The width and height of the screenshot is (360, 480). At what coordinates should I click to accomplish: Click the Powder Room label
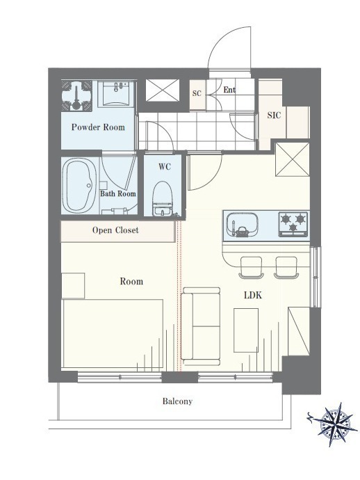[x=98, y=127]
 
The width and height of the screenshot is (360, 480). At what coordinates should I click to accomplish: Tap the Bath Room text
[x=118, y=193]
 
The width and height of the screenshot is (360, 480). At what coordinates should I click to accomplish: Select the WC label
[x=165, y=167]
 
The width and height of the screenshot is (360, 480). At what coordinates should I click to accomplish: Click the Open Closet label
[x=115, y=230]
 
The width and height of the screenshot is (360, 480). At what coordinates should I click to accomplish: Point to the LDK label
[x=253, y=295]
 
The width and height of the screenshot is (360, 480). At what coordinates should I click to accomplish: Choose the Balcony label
[x=177, y=401]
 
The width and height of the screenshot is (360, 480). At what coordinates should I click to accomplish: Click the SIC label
[x=274, y=115]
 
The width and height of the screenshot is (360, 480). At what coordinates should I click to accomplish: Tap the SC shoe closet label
[x=197, y=93]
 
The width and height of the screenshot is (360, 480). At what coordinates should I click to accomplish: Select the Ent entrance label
[x=229, y=90]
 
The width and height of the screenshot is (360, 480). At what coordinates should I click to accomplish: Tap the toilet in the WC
[x=162, y=199]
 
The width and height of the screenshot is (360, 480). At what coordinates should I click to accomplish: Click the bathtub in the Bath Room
[x=79, y=186]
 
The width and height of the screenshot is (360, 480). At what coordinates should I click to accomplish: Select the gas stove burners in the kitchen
[x=293, y=225]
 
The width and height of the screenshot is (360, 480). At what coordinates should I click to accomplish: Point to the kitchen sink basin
[x=242, y=225]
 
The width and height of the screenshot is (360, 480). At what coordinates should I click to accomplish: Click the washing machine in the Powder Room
[x=76, y=95]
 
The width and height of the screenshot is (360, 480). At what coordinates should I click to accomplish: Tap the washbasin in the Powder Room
[x=117, y=93]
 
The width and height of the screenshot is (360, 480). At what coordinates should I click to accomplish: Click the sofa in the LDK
[x=201, y=326]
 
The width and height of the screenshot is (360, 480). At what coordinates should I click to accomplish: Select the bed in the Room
[x=113, y=334]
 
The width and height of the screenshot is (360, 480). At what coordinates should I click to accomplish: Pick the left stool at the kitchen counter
[x=251, y=267]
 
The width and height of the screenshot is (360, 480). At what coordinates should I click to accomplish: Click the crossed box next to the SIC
[x=293, y=159]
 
